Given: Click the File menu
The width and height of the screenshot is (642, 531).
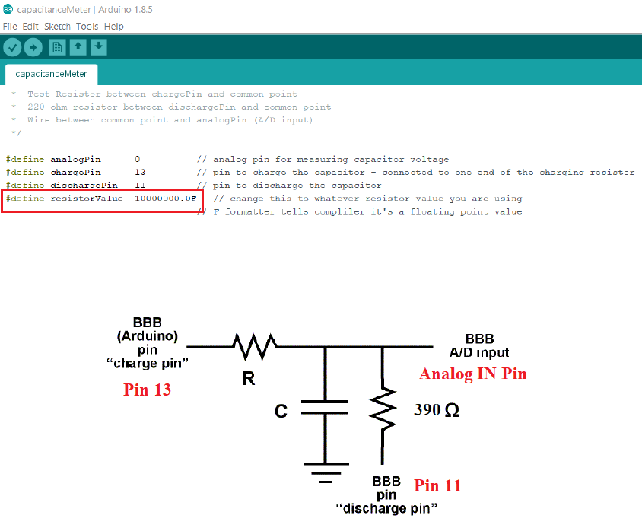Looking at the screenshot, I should (10, 26).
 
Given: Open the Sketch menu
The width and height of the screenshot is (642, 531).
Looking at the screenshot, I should (57, 26).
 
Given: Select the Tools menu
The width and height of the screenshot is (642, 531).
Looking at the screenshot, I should (87, 26).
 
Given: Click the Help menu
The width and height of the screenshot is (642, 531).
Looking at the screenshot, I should (113, 26).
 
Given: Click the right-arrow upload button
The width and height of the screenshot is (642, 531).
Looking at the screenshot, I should (33, 48).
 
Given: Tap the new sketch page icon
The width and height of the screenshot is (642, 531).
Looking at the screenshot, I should (57, 48).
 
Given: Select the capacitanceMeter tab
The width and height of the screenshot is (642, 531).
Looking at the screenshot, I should (51, 74).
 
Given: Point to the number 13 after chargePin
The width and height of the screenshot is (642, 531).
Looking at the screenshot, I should (140, 173).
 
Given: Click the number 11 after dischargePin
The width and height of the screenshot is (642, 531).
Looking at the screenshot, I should (140, 186).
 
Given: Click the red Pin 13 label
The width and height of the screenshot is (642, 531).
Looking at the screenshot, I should (147, 390).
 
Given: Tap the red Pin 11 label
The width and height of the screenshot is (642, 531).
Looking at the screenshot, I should (437, 485).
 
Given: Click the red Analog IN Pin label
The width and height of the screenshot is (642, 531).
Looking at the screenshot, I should (473, 374).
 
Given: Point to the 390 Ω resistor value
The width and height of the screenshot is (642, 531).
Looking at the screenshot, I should (436, 410).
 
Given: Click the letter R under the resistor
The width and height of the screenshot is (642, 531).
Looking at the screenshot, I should (248, 378).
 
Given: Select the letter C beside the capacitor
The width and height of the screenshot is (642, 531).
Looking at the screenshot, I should (281, 412).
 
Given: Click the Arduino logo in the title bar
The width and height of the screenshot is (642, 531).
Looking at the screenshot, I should (8, 8).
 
